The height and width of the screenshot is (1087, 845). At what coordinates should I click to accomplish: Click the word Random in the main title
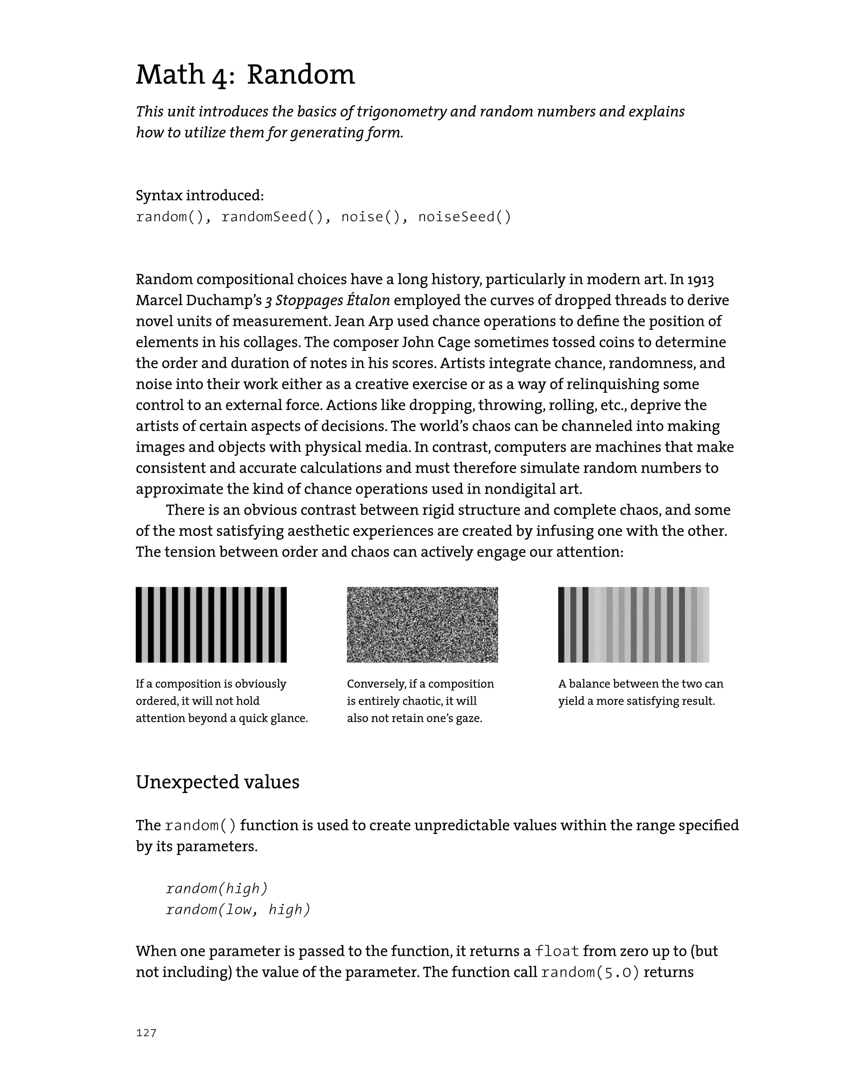(x=300, y=75)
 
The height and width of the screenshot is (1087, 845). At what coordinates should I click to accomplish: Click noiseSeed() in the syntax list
(x=465, y=217)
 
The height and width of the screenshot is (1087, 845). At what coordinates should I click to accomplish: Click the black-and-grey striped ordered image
(x=211, y=625)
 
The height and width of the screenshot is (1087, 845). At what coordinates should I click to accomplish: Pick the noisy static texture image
(x=422, y=625)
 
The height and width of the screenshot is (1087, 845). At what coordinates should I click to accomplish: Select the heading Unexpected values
(x=217, y=782)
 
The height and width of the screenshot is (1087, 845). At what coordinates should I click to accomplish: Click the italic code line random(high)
(x=217, y=888)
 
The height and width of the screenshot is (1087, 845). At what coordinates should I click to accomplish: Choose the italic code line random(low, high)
(x=238, y=909)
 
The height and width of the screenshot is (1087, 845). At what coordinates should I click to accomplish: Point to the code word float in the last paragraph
(x=557, y=951)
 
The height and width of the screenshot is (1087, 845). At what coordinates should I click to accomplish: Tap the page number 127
(x=146, y=1033)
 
